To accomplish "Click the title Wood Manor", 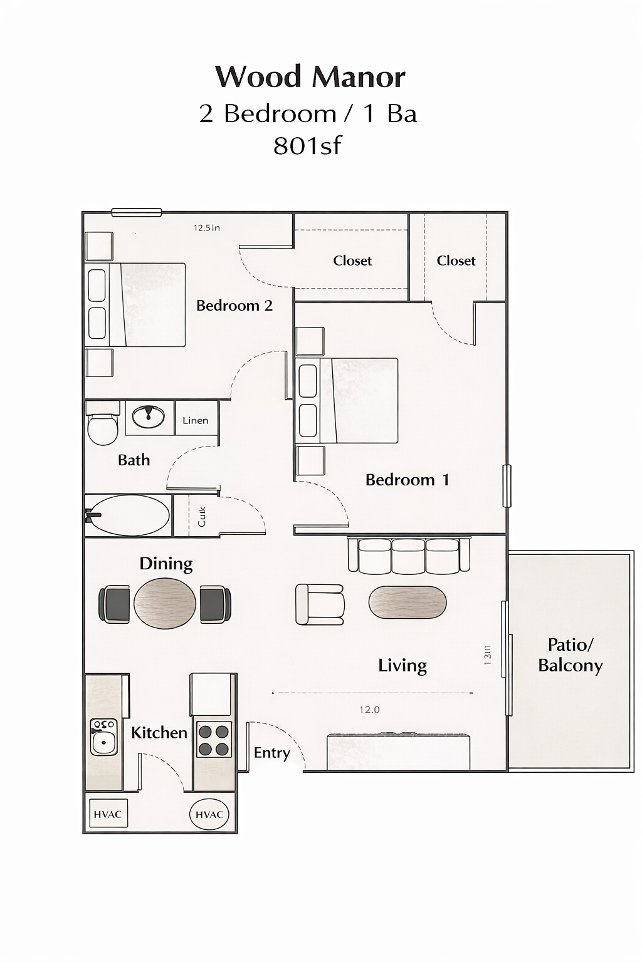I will (x=310, y=77).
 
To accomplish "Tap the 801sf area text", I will (x=307, y=146).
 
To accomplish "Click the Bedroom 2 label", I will (x=234, y=306).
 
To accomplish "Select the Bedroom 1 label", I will (x=407, y=480).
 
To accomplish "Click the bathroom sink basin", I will (x=149, y=415).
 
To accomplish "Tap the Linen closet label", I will (x=196, y=420).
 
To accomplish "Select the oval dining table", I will (x=165, y=603).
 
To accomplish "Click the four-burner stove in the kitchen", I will (x=213, y=740).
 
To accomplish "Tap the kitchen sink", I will (x=103, y=737).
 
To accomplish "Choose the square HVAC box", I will (x=108, y=814).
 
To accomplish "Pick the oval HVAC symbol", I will (x=209, y=814).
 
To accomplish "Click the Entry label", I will (x=271, y=753).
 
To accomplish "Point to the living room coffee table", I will (x=408, y=603).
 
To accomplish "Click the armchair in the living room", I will (x=320, y=604).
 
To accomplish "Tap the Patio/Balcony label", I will (x=571, y=654).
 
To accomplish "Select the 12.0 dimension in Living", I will (x=369, y=710).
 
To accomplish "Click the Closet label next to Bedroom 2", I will (x=352, y=261).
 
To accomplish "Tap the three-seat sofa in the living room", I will (x=409, y=556).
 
